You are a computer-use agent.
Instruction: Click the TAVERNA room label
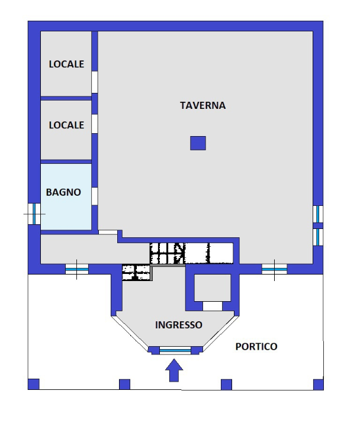tap(202, 105)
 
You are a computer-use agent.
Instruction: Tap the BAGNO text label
tap(63, 192)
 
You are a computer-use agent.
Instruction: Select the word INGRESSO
tap(178, 325)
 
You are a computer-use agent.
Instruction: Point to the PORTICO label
tap(256, 346)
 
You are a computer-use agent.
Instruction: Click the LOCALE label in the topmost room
tap(66, 64)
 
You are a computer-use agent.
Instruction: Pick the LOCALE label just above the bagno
tap(66, 125)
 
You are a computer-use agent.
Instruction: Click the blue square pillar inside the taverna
tap(198, 143)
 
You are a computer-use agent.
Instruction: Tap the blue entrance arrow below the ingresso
tap(174, 371)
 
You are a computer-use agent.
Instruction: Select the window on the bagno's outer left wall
tap(36, 213)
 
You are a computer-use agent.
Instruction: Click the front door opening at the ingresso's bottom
tap(175, 350)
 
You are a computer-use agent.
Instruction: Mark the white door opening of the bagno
tap(94, 196)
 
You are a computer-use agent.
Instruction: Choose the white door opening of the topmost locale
tap(94, 82)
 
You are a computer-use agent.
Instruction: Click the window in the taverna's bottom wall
tap(274, 269)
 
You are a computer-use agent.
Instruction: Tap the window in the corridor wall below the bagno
tap(76, 269)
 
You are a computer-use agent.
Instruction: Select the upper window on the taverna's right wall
tap(318, 214)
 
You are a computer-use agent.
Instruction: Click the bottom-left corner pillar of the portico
tap(34, 384)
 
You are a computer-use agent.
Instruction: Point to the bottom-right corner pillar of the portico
tap(318, 384)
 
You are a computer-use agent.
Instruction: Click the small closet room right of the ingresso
tap(212, 288)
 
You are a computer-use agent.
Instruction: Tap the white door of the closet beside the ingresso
tap(212, 306)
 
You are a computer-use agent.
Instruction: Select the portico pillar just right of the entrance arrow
tap(226, 384)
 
